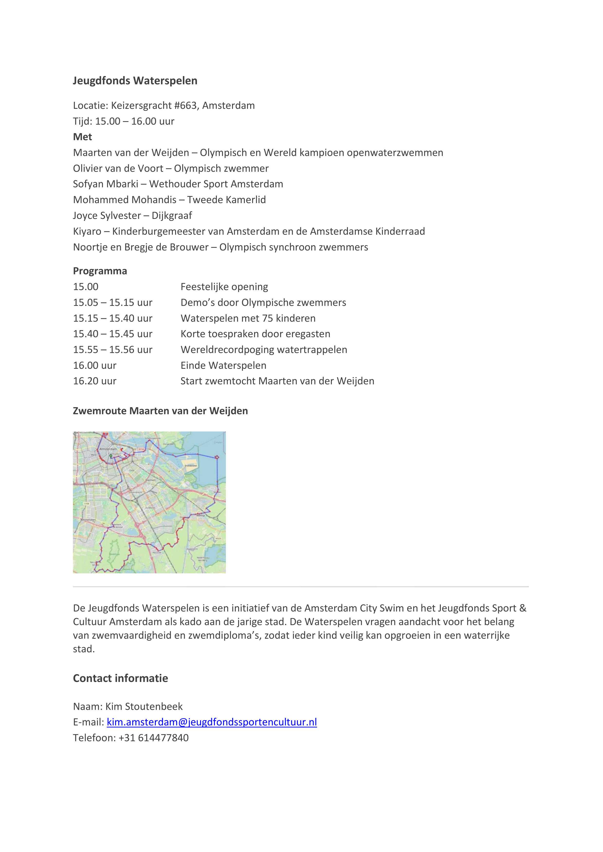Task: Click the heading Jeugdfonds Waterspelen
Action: click(x=135, y=80)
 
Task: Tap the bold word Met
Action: click(x=82, y=137)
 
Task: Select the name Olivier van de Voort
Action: click(x=118, y=168)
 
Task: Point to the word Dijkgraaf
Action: click(x=172, y=215)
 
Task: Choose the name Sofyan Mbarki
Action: click(x=106, y=184)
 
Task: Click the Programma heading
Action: click(x=100, y=271)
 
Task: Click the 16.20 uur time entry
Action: click(x=95, y=381)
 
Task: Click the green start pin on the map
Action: click(x=111, y=456)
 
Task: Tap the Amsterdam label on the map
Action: click(x=108, y=449)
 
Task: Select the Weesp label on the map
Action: click(x=201, y=516)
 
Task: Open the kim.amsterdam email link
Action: click(x=212, y=722)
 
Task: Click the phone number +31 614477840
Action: click(x=153, y=738)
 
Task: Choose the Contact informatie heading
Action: click(x=120, y=678)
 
